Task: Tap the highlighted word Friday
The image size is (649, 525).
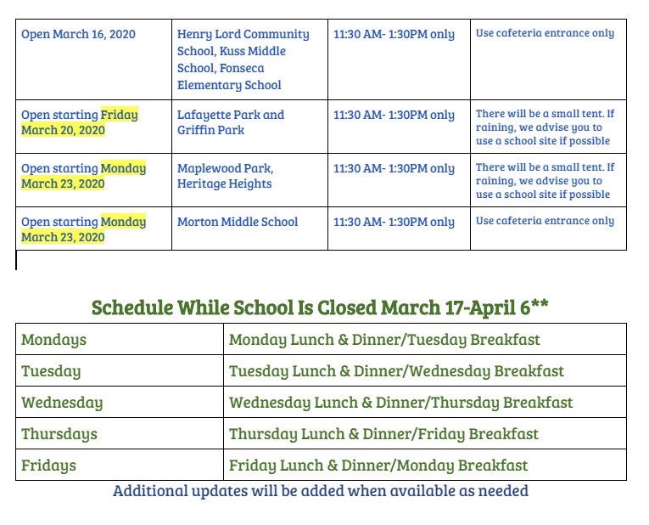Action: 120,115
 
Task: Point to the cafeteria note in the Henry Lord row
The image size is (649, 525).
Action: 545,33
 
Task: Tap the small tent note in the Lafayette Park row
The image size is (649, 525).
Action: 545,127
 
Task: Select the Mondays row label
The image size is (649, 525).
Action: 53,340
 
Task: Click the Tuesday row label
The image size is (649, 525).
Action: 51,371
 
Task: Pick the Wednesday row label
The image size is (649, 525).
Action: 62,403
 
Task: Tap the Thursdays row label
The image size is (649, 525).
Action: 59,434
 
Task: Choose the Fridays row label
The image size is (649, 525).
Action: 48,466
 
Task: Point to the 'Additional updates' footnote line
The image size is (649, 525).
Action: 321,491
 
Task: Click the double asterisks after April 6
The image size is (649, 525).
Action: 540,304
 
